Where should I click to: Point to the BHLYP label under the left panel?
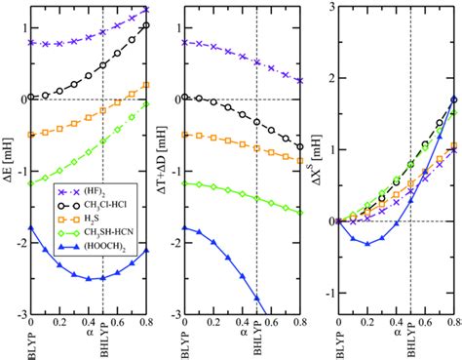106,344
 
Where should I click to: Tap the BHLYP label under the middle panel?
258,344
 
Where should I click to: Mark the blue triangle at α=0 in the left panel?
31,227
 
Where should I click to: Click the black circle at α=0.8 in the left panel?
146,25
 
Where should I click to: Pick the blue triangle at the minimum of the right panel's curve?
367,243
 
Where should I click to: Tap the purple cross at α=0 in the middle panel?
184,43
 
